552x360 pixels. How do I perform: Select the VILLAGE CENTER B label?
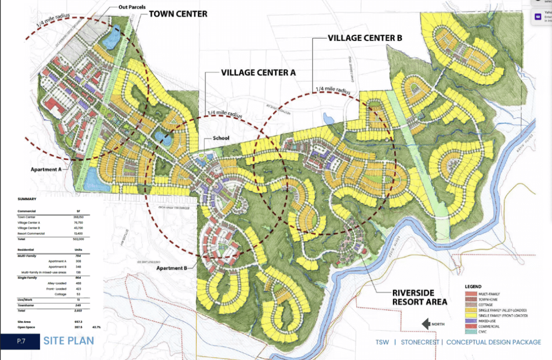[365, 38]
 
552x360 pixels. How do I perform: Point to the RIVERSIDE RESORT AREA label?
[420, 297]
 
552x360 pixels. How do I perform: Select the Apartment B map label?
[172, 268]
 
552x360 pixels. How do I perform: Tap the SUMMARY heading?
[27, 199]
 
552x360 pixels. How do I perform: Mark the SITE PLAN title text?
[68, 341]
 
